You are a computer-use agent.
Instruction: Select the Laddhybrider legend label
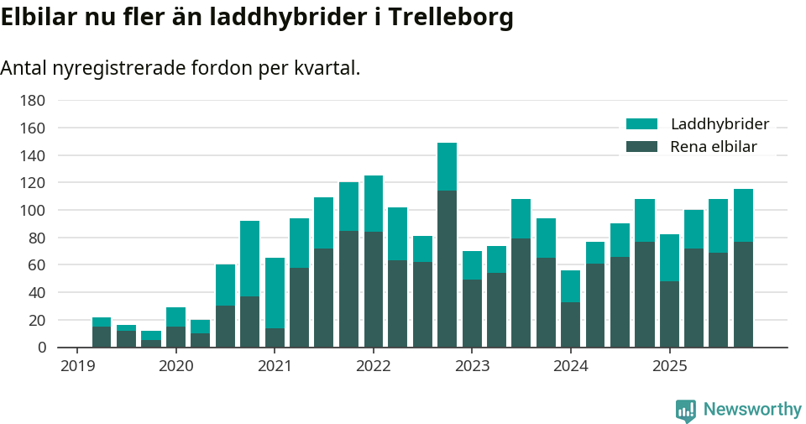[720, 124]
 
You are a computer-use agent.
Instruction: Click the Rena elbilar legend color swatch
[642, 147]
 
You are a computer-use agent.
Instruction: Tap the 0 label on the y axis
[40, 348]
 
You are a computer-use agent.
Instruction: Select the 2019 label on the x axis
[77, 366]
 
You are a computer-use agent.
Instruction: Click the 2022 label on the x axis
[373, 366]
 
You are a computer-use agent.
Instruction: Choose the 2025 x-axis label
[669, 366]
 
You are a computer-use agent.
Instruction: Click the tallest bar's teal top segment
[447, 166]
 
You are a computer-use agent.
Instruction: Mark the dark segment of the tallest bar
[447, 269]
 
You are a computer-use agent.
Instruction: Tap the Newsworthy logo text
[751, 410]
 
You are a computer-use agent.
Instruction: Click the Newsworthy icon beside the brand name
[685, 410]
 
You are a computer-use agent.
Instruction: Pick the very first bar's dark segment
[102, 337]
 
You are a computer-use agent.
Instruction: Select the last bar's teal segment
[743, 215]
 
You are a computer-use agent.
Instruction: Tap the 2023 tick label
[472, 366]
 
